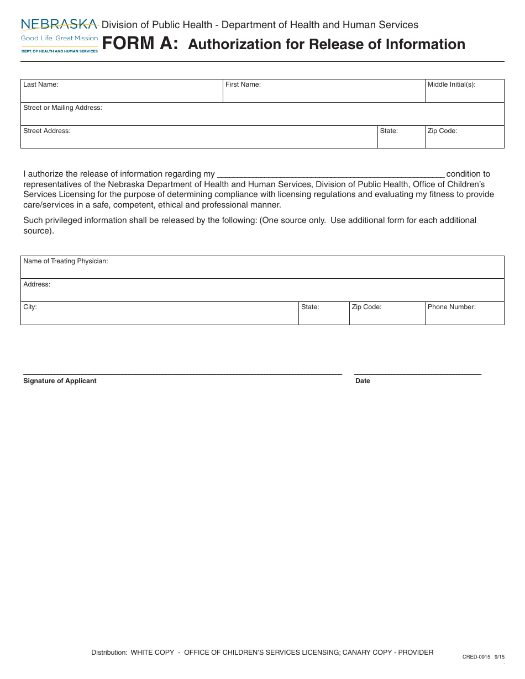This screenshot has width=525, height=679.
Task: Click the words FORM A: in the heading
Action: click(140, 44)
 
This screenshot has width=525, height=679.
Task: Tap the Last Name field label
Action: click(40, 84)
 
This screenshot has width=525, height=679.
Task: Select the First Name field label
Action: click(243, 84)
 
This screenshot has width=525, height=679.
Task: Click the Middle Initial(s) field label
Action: click(451, 84)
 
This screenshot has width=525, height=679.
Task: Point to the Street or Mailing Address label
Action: click(62, 108)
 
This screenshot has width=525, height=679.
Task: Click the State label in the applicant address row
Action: click(389, 131)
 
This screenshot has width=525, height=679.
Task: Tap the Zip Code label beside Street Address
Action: click(442, 131)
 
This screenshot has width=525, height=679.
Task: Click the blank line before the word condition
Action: click(330, 174)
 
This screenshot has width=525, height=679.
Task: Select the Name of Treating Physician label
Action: click(65, 261)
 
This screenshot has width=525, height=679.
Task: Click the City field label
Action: click(30, 307)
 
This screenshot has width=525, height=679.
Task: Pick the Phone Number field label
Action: click(451, 307)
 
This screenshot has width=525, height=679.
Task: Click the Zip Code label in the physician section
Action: click(366, 307)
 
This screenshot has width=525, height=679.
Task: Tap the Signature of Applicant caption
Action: click(60, 381)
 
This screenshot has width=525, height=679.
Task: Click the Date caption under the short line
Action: click(363, 381)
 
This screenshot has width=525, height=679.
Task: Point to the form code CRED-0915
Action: click(476, 657)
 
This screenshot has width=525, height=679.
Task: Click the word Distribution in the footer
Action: click(109, 653)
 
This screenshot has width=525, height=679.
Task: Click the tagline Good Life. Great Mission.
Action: click(60, 38)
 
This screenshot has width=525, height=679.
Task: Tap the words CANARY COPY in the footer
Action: click(364, 653)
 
